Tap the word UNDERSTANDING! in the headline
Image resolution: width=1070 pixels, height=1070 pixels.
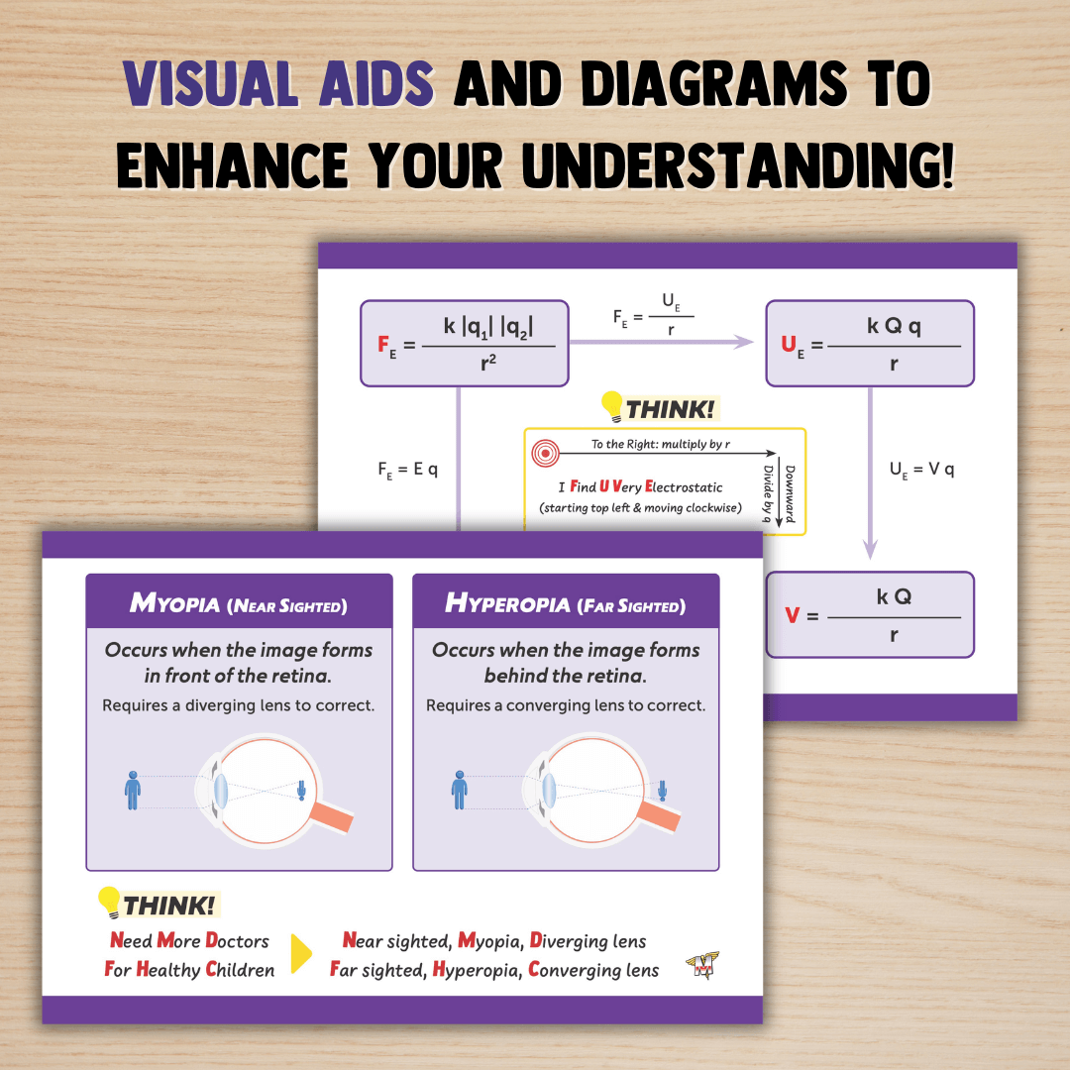click(x=737, y=165)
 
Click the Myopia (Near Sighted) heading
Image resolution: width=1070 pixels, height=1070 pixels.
click(x=239, y=603)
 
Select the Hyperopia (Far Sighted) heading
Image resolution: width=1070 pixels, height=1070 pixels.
click(x=565, y=603)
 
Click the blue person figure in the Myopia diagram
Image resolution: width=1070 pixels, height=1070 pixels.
click(x=133, y=790)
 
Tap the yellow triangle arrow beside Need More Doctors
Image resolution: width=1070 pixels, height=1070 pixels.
click(x=300, y=954)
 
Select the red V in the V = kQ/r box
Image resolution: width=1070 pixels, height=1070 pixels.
click(x=792, y=615)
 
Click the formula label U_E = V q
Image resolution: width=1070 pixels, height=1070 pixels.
click(x=921, y=470)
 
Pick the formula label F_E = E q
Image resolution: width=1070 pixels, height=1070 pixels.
click(x=407, y=470)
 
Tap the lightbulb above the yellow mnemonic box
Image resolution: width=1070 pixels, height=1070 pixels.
click(x=612, y=406)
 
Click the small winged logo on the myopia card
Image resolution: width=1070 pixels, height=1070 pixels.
click(x=701, y=966)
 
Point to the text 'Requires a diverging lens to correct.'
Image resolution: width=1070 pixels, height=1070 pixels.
click(x=239, y=705)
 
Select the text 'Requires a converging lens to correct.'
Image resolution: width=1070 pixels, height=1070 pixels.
click(x=566, y=705)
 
